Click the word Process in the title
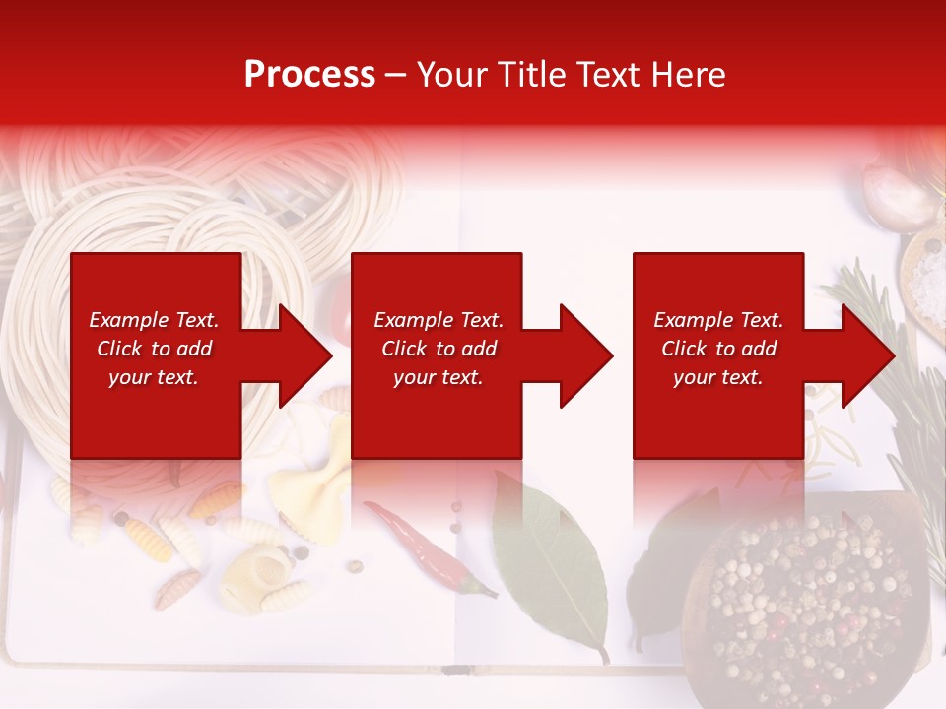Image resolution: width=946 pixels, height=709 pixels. click(309, 75)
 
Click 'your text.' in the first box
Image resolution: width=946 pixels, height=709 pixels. click(154, 377)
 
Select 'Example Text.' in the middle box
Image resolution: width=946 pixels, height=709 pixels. click(439, 320)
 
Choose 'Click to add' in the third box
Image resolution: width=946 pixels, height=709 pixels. click(718, 349)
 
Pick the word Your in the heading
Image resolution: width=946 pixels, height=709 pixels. click(452, 75)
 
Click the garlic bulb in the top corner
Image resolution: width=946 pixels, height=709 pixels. click(897, 187)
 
